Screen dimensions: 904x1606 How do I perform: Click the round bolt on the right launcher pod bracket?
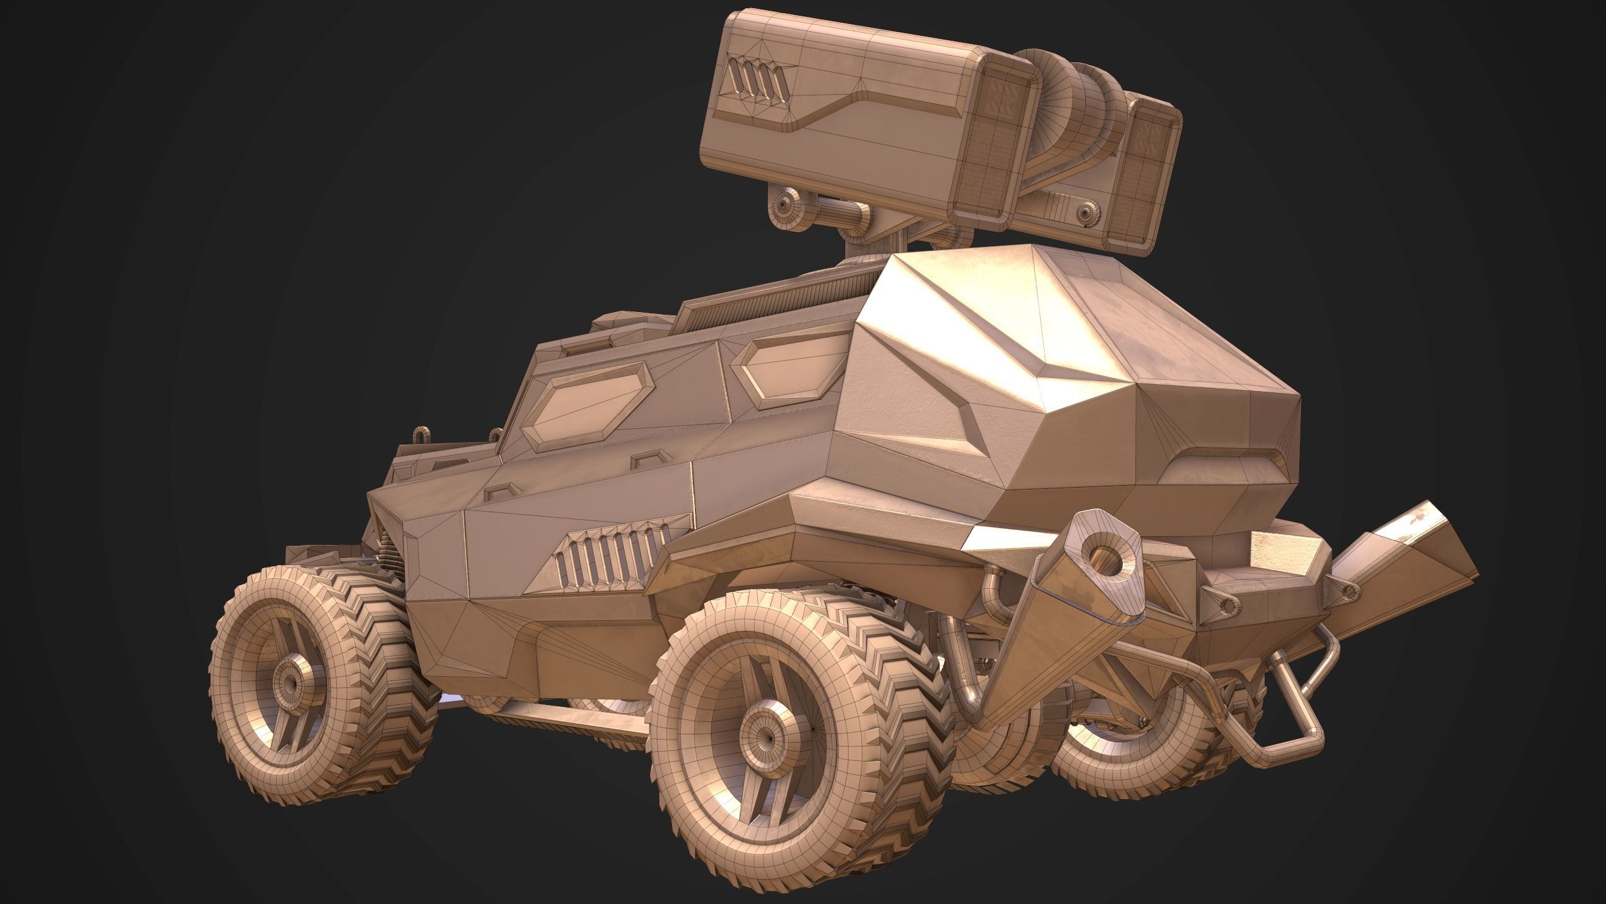1085,214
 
